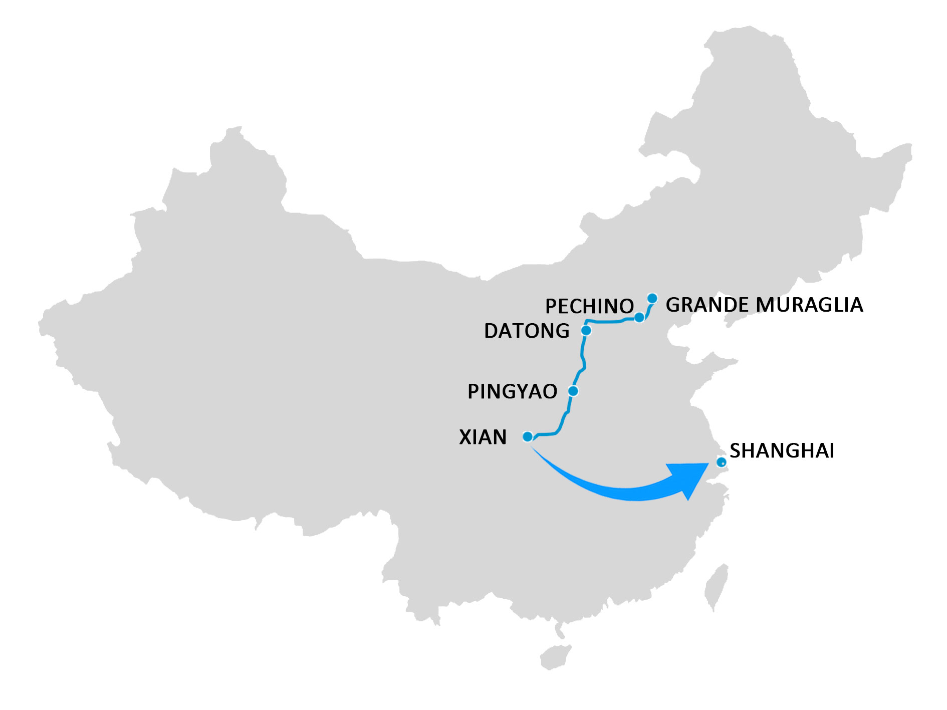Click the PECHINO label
(x=589, y=306)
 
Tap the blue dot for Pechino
(x=639, y=317)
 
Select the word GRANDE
(x=706, y=305)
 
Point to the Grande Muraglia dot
(x=652, y=299)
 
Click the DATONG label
(x=527, y=331)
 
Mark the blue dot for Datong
(x=586, y=330)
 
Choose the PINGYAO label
(x=512, y=391)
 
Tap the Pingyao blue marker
(x=573, y=391)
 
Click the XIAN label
(x=483, y=437)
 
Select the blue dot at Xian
(x=528, y=437)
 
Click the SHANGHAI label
(x=782, y=451)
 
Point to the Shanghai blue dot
(x=721, y=462)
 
